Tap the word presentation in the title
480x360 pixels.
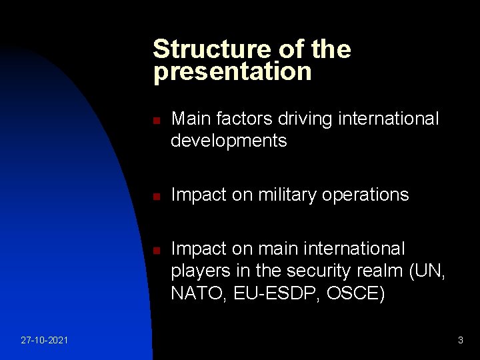coord(232,72)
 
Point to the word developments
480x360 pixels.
coord(229,141)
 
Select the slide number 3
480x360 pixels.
coord(460,341)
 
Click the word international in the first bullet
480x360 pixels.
coord(389,119)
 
